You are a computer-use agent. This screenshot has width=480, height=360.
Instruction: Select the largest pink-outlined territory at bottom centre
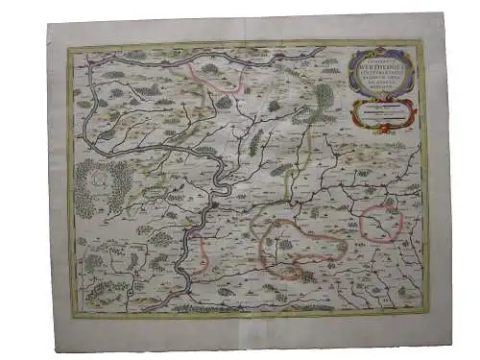(x=299, y=249)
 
